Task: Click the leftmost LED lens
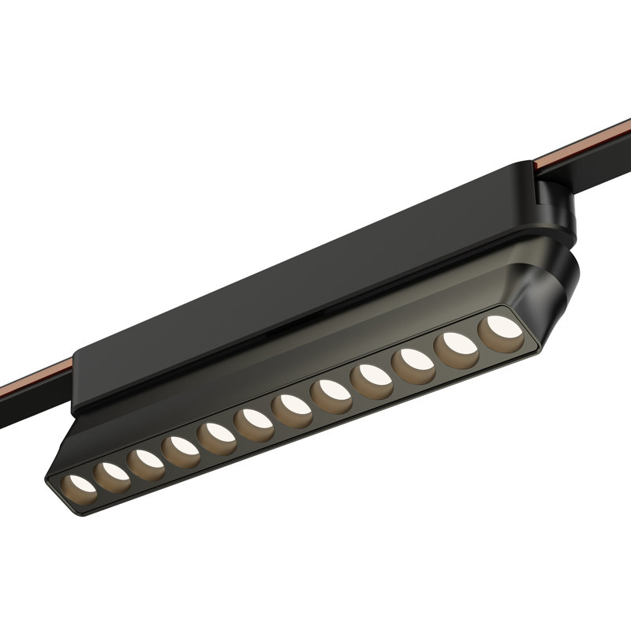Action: point(80,484)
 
